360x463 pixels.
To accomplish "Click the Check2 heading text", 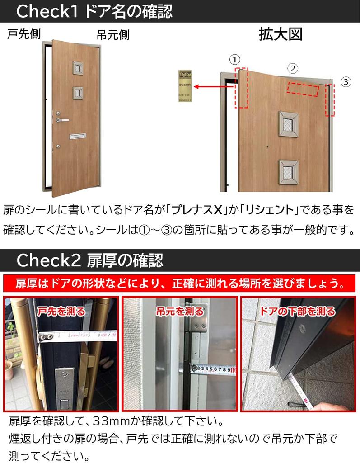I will tap(90, 260).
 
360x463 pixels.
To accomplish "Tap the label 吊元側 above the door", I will tap(113, 35).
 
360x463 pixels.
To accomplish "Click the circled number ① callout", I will tap(234, 59).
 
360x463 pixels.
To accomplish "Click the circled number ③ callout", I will tap(345, 82).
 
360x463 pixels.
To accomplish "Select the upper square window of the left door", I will tap(78, 68).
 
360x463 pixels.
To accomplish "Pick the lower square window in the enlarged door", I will tap(288, 172).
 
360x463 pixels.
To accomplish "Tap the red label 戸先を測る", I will tap(61, 312).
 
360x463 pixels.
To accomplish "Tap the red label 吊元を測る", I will tap(179, 312).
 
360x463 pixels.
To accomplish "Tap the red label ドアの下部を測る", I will tap(298, 312).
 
